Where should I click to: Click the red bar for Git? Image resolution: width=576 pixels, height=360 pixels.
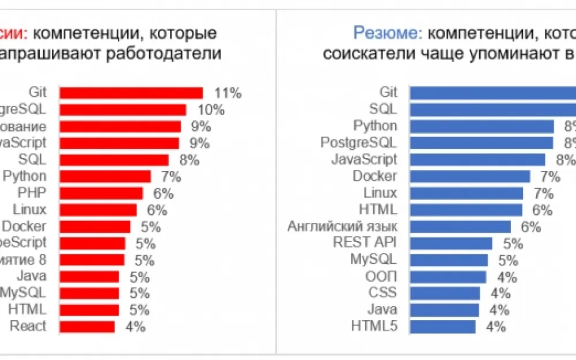131,93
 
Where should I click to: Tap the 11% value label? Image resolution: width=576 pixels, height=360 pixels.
227,93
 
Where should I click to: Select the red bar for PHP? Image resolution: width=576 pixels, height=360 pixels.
101,193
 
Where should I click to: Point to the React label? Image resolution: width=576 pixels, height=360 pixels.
28,327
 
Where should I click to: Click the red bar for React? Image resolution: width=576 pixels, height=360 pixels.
88,327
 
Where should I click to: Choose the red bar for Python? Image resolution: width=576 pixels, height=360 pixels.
105,176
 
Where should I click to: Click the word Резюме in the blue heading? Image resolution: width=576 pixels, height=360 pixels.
386,33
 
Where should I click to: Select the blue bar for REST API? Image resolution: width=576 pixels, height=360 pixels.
451,243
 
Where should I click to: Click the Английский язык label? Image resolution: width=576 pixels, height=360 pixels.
342,226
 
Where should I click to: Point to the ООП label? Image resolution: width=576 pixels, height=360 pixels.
381,276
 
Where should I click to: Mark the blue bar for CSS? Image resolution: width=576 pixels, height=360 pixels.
445,293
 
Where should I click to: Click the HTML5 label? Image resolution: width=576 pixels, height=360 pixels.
374,327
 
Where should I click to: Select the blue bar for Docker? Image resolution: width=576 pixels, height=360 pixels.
470,176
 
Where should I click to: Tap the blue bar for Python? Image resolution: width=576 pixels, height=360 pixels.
482,126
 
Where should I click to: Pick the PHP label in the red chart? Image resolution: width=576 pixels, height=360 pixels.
34,193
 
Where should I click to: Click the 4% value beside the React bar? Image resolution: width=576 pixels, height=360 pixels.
135,327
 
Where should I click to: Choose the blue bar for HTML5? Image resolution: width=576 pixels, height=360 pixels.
442,327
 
